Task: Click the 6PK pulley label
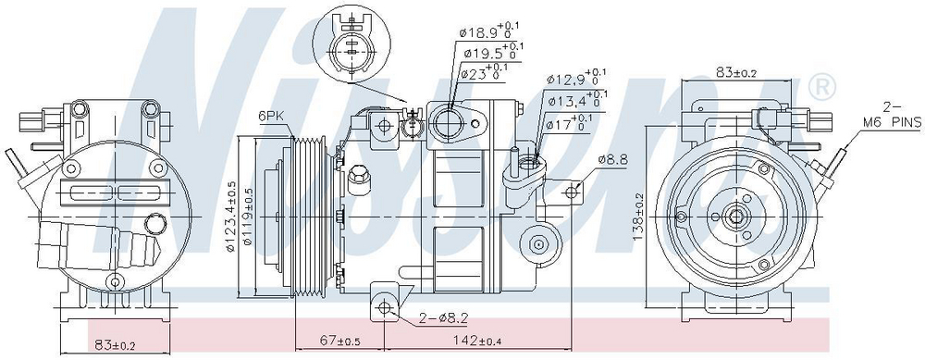271,117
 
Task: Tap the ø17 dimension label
568,124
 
